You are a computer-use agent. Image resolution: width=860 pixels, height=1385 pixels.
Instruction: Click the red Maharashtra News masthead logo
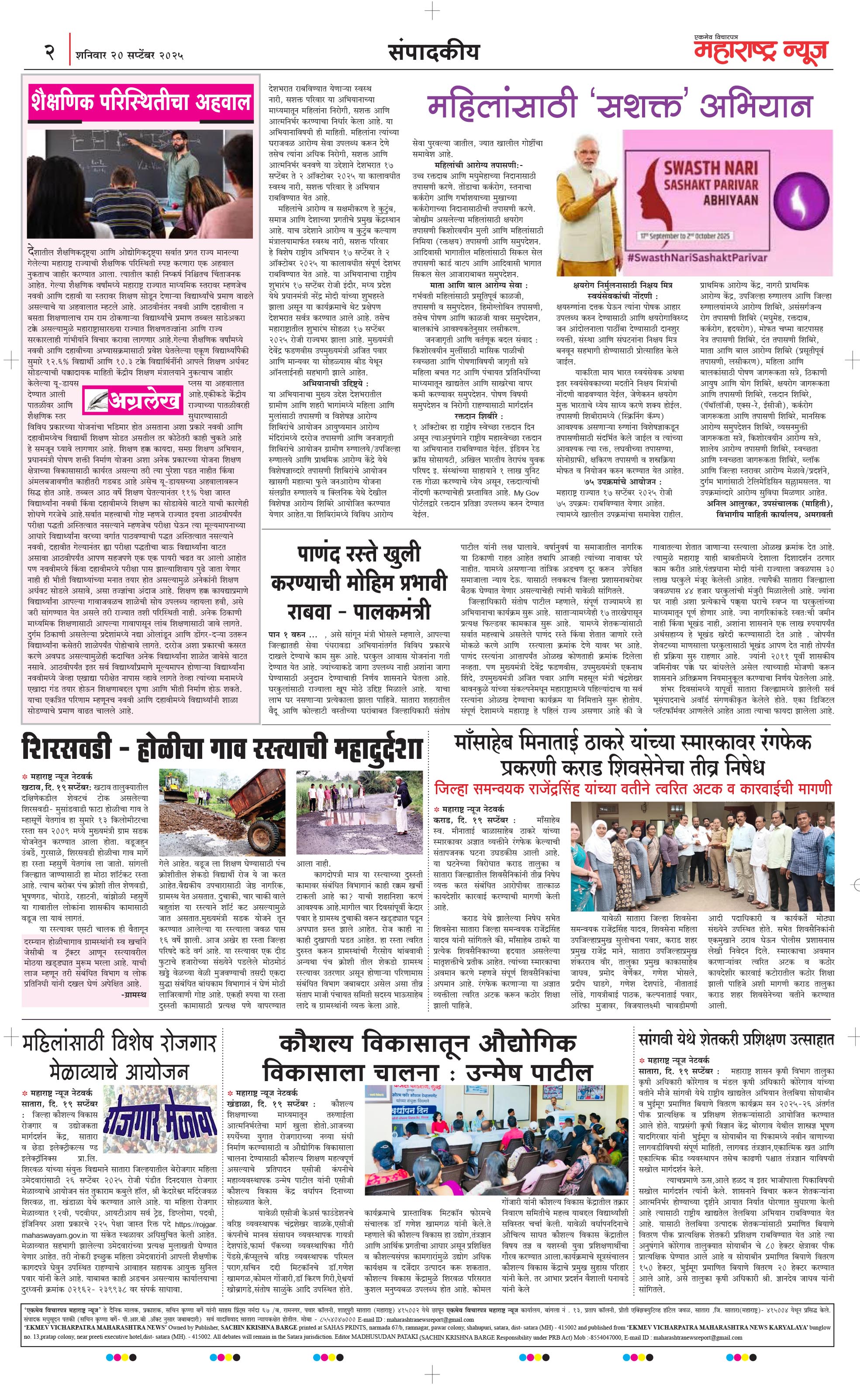(x=760, y=51)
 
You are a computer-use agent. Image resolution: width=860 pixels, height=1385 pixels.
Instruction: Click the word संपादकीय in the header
(x=433, y=53)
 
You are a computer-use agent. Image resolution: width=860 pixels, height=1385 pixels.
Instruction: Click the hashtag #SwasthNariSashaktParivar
(x=698, y=258)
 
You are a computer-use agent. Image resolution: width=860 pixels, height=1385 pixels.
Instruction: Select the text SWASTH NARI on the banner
(x=711, y=168)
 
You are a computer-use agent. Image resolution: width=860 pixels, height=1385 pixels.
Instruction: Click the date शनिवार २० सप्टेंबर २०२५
(x=129, y=56)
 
